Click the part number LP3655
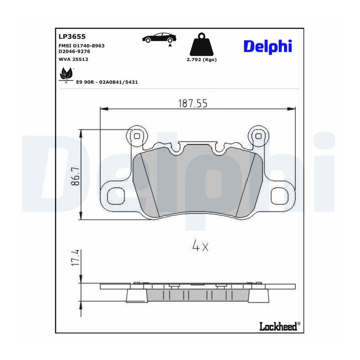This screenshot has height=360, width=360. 72,36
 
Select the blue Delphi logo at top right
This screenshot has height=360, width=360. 268,47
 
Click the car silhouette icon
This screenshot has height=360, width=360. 159,38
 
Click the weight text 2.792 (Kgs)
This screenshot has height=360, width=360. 202,60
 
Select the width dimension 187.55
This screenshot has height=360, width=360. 193,103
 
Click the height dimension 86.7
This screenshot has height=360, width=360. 75,176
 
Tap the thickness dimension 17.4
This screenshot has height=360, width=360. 76,258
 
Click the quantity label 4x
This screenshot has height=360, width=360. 200,246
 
